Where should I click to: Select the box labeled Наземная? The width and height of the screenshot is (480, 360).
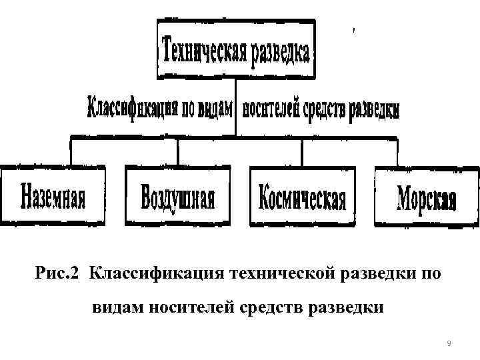pos(53,195)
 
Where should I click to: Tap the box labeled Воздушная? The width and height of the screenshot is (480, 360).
pos(178,195)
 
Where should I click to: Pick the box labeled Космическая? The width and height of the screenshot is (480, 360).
pos(302,195)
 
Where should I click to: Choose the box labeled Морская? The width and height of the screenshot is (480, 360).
pos(427,195)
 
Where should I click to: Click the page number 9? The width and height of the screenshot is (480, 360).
pos(449,344)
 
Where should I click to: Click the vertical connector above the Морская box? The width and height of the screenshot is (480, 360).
pos(398,151)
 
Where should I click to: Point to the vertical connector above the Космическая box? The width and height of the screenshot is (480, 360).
pos(303,151)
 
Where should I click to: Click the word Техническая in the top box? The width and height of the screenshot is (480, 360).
pos(202,50)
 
